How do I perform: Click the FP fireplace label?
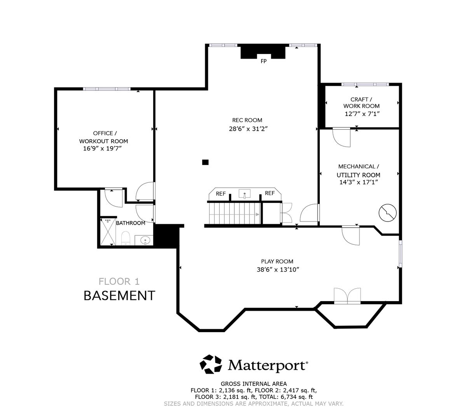click(264, 61)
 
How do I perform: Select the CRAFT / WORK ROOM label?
click(361, 103)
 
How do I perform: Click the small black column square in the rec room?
click(206, 162)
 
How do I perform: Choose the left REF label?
click(221, 193)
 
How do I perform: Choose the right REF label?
click(269, 193)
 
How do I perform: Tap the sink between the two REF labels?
click(245, 193)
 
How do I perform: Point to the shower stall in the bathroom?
click(108, 232)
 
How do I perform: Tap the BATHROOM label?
click(131, 223)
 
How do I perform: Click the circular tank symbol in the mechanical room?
click(387, 212)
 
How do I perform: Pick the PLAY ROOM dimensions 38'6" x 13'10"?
click(278, 270)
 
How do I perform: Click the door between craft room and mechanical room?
click(342, 137)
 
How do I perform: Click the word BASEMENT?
click(119, 296)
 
